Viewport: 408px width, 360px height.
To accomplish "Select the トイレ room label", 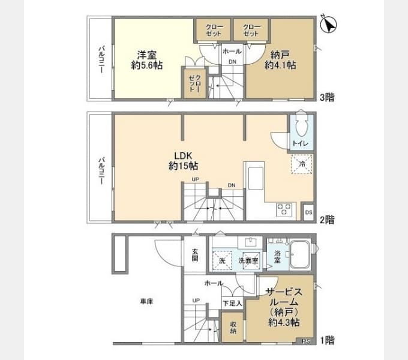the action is (301, 143).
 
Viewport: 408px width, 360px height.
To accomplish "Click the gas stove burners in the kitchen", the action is (284, 209).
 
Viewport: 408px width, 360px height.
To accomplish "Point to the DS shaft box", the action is (308, 212).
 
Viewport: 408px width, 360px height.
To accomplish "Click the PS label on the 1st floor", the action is (306, 341).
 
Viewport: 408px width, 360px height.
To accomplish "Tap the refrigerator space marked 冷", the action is (302, 164).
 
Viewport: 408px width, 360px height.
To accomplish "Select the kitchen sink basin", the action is (256, 178).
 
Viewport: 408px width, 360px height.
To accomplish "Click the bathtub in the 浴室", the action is (299, 254).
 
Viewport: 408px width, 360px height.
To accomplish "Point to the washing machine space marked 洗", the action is (221, 260).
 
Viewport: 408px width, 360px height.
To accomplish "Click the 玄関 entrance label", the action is (195, 255).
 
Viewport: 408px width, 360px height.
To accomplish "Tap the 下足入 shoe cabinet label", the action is (232, 303).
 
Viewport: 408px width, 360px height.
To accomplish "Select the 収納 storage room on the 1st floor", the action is (233, 327).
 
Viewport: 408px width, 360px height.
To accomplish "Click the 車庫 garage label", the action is (147, 301).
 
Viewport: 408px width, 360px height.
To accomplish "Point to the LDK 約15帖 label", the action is (183, 161).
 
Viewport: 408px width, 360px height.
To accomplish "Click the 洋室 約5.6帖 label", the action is (147, 60).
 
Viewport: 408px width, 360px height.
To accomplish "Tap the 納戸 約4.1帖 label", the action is (280, 60).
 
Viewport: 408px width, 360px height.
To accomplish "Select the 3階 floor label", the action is (327, 97).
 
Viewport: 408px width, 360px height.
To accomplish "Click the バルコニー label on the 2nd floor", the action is (101, 170).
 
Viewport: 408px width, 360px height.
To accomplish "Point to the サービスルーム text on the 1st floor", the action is (284, 297).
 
